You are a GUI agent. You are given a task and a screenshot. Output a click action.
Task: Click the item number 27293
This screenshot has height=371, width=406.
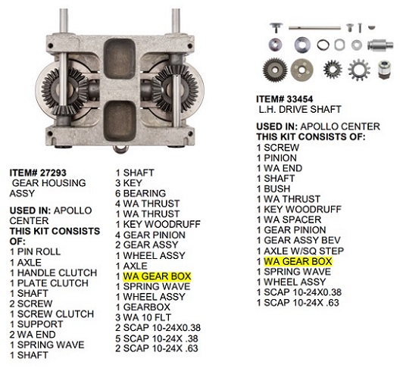coord(52,173)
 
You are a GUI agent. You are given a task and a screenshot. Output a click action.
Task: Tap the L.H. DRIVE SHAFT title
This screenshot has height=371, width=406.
coord(300,109)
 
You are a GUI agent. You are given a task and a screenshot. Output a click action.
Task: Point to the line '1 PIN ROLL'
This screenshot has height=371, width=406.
coord(35,251)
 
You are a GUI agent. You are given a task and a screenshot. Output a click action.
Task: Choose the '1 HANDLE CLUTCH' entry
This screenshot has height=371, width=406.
coord(53,273)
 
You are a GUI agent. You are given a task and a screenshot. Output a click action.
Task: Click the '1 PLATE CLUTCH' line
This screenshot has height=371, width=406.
coord(49,283)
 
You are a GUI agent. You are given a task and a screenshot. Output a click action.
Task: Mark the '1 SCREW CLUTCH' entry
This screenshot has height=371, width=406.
coord(52,313)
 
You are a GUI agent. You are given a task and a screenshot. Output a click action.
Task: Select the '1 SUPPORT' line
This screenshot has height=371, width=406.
coord(36,324)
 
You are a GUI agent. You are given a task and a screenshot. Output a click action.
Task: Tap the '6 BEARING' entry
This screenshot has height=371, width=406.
coord(141,193)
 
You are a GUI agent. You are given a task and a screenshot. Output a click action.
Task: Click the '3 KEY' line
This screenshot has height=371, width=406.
coord(129,183)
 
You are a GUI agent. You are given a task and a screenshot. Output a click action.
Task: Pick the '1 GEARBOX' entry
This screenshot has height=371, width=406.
coord(142,307)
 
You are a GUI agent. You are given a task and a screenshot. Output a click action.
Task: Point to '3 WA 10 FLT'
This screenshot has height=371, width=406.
coord(143,317)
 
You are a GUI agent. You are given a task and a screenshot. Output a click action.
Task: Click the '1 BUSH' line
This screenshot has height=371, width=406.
coord(273,189)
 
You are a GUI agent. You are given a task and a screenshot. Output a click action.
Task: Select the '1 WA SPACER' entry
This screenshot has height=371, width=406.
coord(289,220)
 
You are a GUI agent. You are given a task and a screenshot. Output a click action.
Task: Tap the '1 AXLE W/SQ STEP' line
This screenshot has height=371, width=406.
coord(301,251)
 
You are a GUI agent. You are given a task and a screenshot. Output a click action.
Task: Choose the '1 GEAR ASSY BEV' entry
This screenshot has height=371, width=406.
coord(298,240)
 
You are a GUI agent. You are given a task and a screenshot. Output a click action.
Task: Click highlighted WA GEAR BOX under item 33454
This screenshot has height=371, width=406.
coord(298,261)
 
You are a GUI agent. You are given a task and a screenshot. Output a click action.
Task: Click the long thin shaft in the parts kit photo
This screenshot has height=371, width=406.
coord(314,28)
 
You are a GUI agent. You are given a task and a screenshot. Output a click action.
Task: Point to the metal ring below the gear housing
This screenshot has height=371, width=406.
coord(120,150)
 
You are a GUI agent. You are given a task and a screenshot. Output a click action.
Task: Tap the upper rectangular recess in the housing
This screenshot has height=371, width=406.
coord(120,60)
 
